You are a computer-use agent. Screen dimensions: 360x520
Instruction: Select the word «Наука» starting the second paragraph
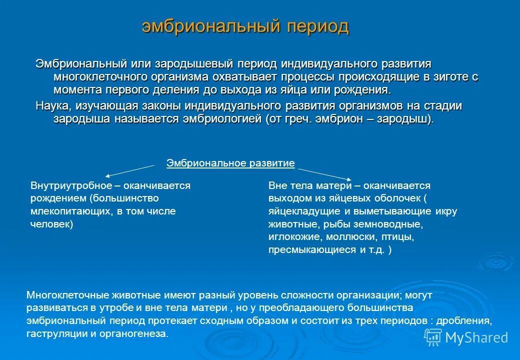(49, 106)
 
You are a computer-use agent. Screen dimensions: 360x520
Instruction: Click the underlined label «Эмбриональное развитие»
(230, 163)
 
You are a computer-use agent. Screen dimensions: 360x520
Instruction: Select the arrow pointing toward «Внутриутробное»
(130, 170)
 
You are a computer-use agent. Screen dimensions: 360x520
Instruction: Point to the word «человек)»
(52, 224)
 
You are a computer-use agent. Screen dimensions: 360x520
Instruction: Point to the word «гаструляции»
(54, 333)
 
